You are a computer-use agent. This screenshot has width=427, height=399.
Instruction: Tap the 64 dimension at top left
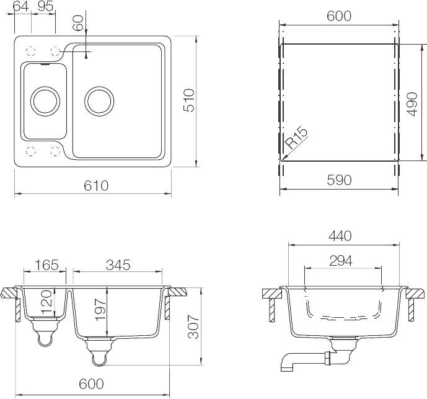tap(21, 7)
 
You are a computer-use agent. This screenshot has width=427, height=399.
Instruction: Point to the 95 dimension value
tap(44, 7)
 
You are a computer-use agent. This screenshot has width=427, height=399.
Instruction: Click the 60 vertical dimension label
tap(78, 23)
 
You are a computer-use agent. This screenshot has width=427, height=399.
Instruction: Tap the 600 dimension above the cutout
tap(339, 16)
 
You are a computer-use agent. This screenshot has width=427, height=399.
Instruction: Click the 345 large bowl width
tap(118, 265)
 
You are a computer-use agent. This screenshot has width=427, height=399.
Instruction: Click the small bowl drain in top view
tap(45, 100)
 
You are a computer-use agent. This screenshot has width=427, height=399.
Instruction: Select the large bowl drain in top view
tap(100, 100)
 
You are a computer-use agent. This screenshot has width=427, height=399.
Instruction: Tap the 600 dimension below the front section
tap(91, 384)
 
